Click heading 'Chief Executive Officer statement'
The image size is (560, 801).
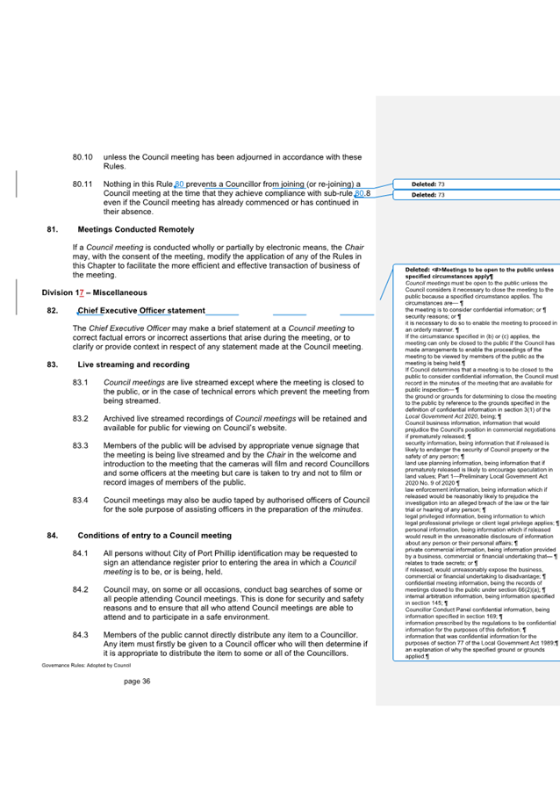(141, 310)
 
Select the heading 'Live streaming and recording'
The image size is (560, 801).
(133, 364)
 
